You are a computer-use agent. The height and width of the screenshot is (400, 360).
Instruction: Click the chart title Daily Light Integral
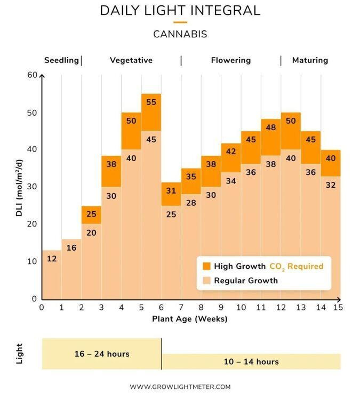[180, 11]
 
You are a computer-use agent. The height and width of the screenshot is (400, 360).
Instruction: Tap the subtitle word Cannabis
[180, 34]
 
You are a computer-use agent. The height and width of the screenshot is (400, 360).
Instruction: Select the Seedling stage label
[61, 60]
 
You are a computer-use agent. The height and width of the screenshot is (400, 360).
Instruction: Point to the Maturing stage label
[310, 60]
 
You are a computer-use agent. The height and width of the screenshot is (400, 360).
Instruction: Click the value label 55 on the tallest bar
[151, 102]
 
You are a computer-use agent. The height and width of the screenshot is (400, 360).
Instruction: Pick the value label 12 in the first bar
[52, 259]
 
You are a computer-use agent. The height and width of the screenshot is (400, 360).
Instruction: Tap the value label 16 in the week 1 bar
[71, 247]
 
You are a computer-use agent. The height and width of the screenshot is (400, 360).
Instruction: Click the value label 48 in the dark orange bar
[271, 127]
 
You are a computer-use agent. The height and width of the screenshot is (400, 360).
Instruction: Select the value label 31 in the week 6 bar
[171, 190]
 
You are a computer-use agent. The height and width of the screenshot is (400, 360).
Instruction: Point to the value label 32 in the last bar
[331, 185]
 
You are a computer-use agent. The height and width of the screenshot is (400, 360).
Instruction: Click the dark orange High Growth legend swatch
[206, 266]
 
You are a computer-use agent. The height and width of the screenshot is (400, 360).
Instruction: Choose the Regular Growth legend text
[246, 281]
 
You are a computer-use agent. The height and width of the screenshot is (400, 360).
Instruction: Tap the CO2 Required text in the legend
[297, 266]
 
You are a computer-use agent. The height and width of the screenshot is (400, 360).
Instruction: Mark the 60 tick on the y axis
[33, 75]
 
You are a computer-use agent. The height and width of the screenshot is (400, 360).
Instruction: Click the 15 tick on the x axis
[338, 307]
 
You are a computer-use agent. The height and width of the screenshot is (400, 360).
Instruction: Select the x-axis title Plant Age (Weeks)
[189, 319]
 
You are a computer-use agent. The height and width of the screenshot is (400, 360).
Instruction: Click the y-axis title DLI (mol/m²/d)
[19, 188]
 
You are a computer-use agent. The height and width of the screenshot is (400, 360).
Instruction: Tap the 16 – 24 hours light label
[102, 354]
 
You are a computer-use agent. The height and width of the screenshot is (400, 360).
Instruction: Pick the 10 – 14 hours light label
[251, 362]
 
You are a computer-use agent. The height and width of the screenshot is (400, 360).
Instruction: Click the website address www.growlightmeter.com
[180, 387]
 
